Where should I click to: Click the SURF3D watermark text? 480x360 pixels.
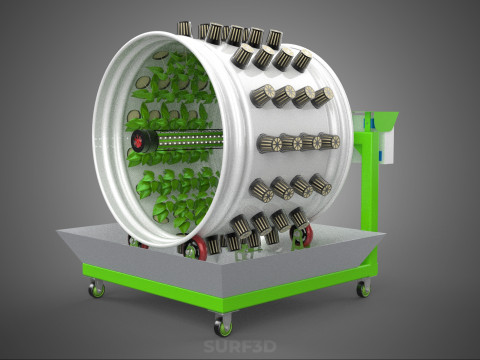240,346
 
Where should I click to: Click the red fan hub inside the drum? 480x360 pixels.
138,141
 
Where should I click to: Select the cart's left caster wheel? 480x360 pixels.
97,289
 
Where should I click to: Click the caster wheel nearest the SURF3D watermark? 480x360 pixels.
223,325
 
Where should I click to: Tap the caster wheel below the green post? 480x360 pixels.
363,288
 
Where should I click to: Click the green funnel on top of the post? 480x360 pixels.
383,122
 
